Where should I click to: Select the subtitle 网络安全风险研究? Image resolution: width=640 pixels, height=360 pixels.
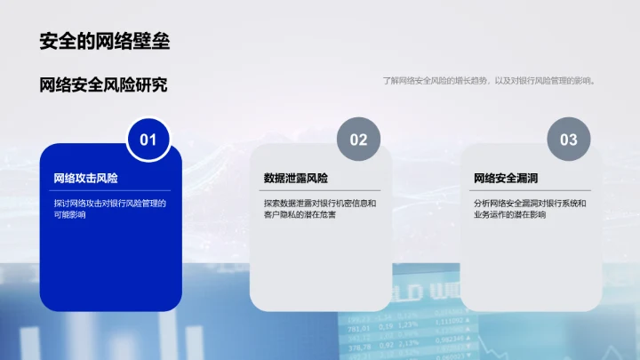tap(104, 85)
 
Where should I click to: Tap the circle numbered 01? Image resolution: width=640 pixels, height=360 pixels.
tap(148, 140)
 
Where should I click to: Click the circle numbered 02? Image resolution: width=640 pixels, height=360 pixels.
tap(358, 140)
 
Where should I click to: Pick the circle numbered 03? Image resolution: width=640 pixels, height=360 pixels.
tap(568, 140)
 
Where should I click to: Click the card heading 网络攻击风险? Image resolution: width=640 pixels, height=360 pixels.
tap(86, 178)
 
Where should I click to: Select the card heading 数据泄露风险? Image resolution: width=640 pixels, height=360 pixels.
tap(296, 178)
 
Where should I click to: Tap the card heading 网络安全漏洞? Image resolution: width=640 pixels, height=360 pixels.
tap(506, 178)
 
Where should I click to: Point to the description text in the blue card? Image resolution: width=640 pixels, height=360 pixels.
tap(109, 209)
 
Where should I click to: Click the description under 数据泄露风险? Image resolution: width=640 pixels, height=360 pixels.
tap(320, 209)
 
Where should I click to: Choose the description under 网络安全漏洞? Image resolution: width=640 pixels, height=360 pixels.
tap(530, 209)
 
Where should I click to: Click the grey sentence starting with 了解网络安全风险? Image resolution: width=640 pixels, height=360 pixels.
tap(488, 81)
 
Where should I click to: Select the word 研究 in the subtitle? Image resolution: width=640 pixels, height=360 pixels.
tap(153, 85)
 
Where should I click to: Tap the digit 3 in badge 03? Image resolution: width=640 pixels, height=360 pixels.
tap(573, 140)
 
